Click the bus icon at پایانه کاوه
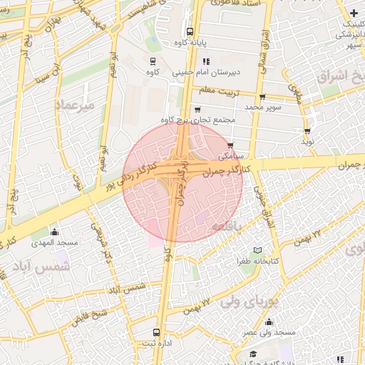tap(190, 31)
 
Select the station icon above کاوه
tap(152, 61)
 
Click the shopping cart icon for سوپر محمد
tap(263, 96)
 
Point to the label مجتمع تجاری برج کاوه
tap(197, 119)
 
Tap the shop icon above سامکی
tap(230, 145)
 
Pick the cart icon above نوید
tap(307, 131)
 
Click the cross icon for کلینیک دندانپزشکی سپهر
tap(354, 14)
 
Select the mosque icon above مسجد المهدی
tap(55, 232)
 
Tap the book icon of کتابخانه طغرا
tap(258, 250)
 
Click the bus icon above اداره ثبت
tap(157, 332)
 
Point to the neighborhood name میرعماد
tap(74, 105)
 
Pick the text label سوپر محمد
tap(264, 107)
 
